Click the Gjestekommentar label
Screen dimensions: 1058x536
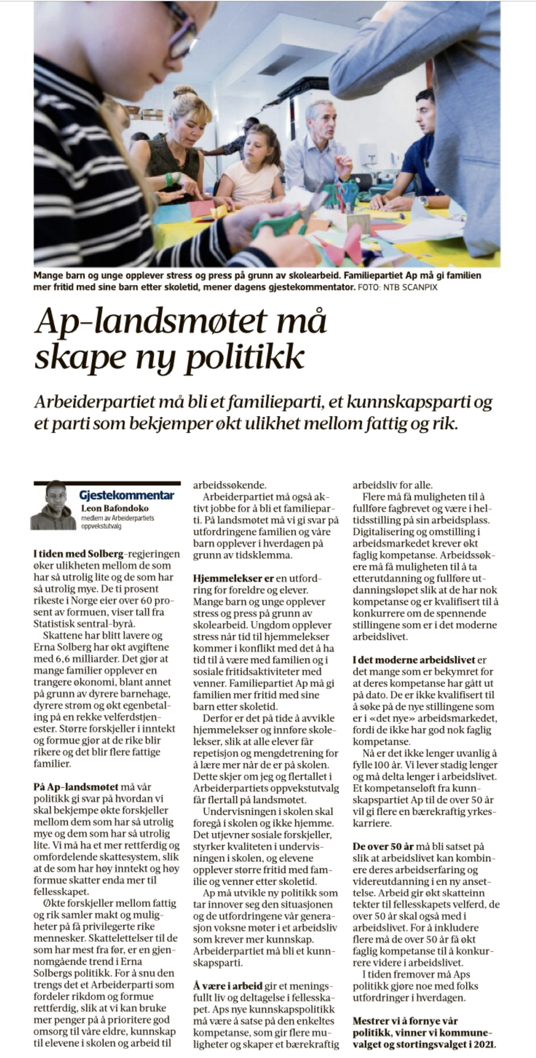pos(127,495)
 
